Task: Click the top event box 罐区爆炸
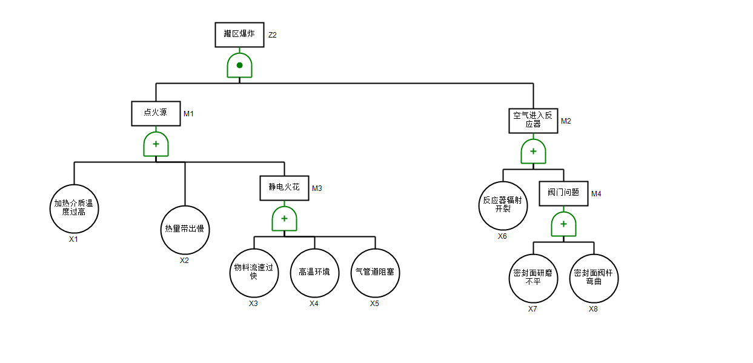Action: (239, 35)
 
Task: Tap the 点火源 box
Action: (156, 113)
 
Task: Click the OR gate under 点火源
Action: (156, 145)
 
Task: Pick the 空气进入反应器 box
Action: (533, 120)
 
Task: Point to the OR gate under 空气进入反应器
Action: (533, 152)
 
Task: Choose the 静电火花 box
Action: (284, 188)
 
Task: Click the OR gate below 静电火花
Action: (284, 219)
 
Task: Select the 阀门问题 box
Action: (563, 193)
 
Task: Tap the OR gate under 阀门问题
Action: (563, 224)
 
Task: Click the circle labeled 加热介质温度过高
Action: (74, 208)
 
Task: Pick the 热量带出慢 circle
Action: (185, 230)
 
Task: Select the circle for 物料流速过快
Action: (254, 273)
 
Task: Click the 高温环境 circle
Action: (314, 273)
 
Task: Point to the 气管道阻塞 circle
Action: (375, 273)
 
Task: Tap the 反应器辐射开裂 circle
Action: (503, 205)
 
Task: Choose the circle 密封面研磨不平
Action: (533, 278)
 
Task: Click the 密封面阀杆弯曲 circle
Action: (594, 278)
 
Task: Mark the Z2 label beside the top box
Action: (273, 35)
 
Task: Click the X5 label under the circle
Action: (375, 304)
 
